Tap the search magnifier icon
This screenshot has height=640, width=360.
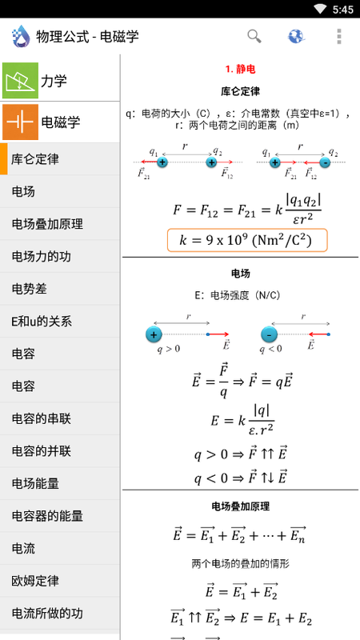click(x=254, y=36)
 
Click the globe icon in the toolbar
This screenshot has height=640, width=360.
click(x=296, y=36)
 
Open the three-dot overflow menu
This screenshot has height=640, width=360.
click(x=338, y=36)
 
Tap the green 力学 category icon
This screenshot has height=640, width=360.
click(x=21, y=81)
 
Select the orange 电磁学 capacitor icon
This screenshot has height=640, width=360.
click(x=21, y=122)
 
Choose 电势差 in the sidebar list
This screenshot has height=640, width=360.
click(x=30, y=289)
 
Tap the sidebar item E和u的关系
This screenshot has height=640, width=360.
click(x=42, y=322)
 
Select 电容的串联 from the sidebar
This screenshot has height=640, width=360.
click(x=42, y=418)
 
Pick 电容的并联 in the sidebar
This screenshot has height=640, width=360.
click(x=42, y=451)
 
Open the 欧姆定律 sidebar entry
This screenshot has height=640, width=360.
click(x=35, y=581)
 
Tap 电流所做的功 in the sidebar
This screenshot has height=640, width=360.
click(x=47, y=613)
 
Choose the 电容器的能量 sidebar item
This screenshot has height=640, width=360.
click(x=47, y=516)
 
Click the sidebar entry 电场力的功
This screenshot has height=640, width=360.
click(x=42, y=257)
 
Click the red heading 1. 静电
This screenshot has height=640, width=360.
click(x=241, y=69)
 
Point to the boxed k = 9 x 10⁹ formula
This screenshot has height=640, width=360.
click(x=247, y=240)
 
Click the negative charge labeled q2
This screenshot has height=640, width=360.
click(x=325, y=162)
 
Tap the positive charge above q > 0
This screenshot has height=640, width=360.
click(x=154, y=335)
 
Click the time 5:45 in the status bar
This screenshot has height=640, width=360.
click(x=343, y=9)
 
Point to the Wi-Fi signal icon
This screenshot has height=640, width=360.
click(x=321, y=9)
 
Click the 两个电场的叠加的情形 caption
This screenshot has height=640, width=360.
click(x=241, y=564)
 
